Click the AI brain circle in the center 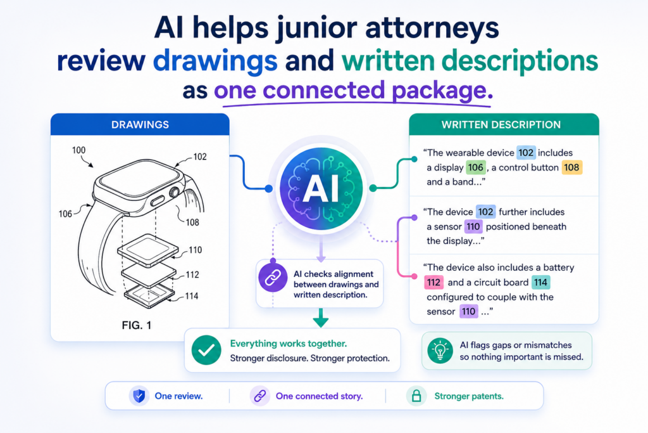click(x=321, y=188)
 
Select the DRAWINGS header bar click(x=140, y=125)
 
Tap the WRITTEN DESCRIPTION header click(x=504, y=125)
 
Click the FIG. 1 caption click(x=137, y=325)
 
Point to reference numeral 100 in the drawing click(x=78, y=150)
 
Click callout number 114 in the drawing click(x=191, y=296)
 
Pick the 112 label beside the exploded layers click(x=192, y=275)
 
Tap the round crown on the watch click(x=174, y=193)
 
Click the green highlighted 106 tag click(x=476, y=167)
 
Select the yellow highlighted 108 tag click(x=571, y=167)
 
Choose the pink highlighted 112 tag click(x=433, y=282)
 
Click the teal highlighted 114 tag click(x=540, y=282)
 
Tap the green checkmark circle click(x=206, y=350)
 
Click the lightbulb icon click(x=440, y=351)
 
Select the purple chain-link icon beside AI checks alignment click(x=273, y=277)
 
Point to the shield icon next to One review click(x=139, y=396)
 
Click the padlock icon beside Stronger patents click(x=416, y=396)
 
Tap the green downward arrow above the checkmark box click(x=321, y=318)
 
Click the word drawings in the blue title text click(x=215, y=60)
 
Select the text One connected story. click(x=319, y=396)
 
